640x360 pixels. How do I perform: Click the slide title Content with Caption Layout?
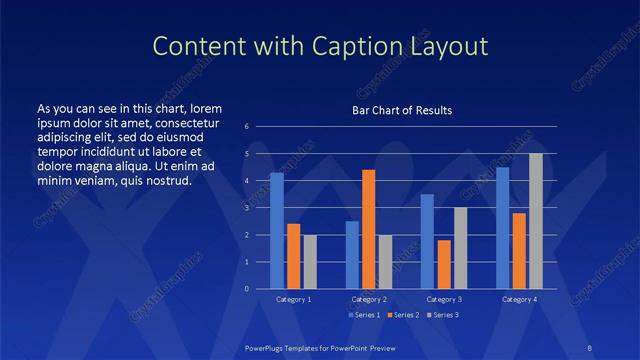319,46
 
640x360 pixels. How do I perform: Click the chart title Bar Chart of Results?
402,110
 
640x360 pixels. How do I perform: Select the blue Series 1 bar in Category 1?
277,230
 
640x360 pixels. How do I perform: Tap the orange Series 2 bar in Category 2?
368,229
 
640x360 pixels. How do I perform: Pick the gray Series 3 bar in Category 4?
536,221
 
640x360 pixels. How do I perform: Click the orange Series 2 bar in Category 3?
444,264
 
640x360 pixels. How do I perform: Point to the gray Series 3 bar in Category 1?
310,261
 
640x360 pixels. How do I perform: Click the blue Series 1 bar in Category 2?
352,254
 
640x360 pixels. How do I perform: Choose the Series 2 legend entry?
401,315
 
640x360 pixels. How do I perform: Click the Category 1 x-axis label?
293,299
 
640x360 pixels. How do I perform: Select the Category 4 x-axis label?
518,299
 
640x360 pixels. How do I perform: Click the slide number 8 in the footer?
587,346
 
